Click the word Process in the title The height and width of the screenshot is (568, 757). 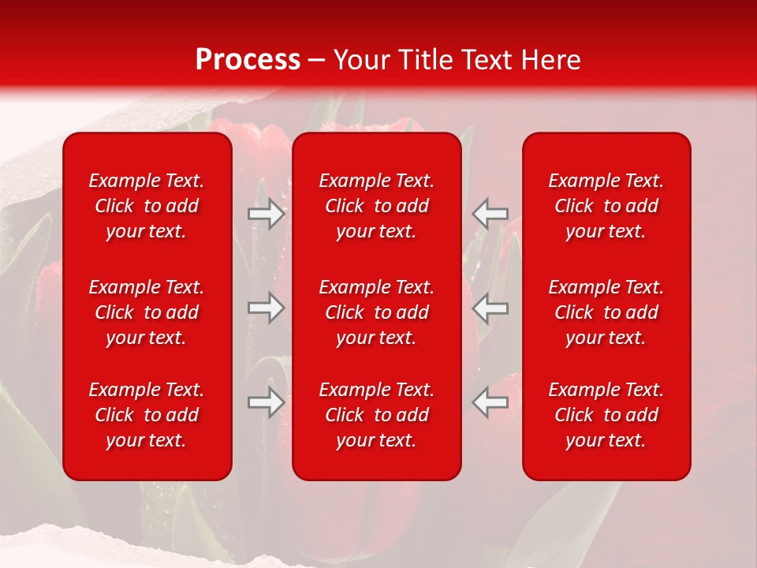pyautogui.click(x=248, y=60)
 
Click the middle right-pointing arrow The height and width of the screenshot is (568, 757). pyautogui.click(x=267, y=308)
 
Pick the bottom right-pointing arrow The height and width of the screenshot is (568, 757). pyautogui.click(x=267, y=402)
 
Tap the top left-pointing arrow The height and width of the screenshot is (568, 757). pyautogui.click(x=490, y=213)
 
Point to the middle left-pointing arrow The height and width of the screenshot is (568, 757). pyautogui.click(x=490, y=308)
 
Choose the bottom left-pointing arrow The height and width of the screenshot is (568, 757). pyautogui.click(x=490, y=402)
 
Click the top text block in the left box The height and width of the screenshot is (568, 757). pyautogui.click(x=147, y=206)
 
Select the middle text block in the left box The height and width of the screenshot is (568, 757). pyautogui.click(x=147, y=312)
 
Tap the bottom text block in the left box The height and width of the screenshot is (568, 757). pyautogui.click(x=147, y=415)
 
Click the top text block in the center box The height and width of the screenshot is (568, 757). pyautogui.click(x=377, y=206)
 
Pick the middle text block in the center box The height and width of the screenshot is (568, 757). pyautogui.click(x=377, y=312)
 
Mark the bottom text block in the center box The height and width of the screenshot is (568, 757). pyautogui.click(x=377, y=415)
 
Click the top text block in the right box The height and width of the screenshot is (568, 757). pyautogui.click(x=606, y=206)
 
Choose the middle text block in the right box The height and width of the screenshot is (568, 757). pyautogui.click(x=606, y=312)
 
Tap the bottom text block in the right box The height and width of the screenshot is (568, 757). pyautogui.click(x=606, y=415)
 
